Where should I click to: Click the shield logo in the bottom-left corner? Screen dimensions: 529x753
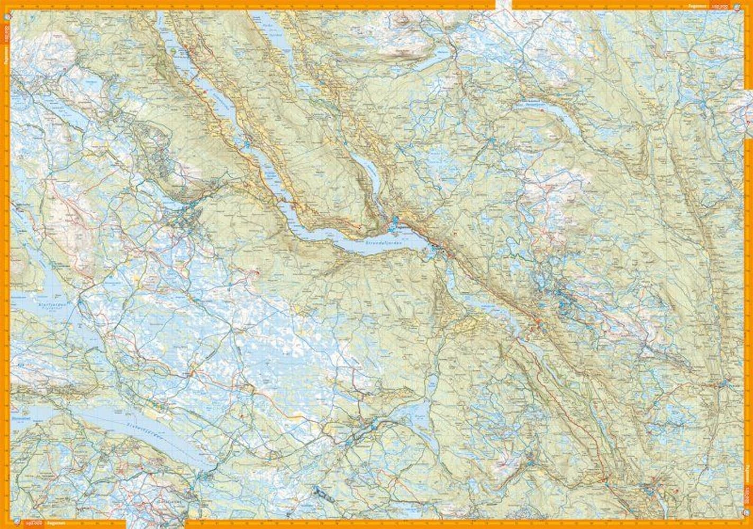(19, 524)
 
